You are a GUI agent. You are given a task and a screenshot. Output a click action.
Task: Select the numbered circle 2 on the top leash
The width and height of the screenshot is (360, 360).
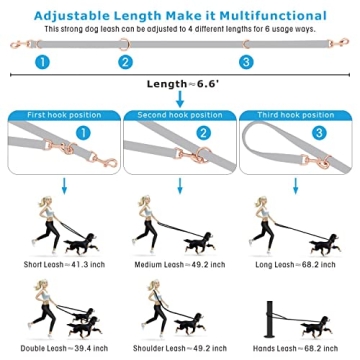coord(126,63)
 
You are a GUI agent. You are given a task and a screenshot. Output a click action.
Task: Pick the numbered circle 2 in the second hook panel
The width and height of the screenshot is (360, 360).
coord(202,132)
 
